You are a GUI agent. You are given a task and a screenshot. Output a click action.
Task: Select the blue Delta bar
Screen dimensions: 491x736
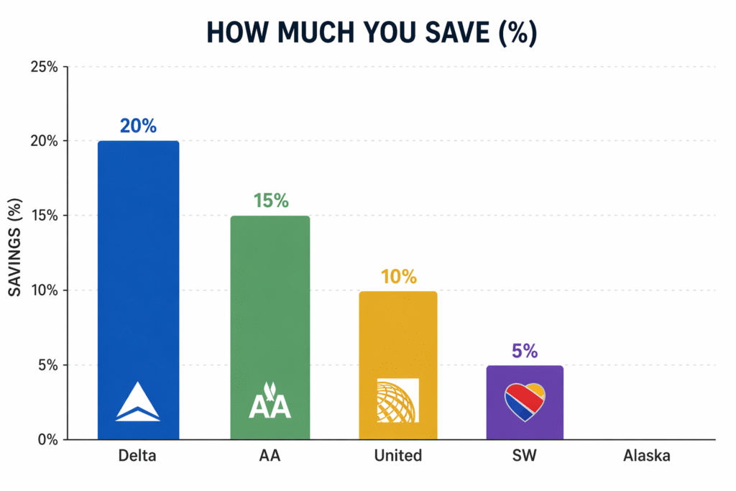pyautogui.click(x=138, y=273)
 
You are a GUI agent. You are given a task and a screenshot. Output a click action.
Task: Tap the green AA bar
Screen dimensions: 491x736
pyautogui.click(x=270, y=302)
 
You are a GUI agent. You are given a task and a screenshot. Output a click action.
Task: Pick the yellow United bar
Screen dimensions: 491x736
pyautogui.click(x=397, y=331)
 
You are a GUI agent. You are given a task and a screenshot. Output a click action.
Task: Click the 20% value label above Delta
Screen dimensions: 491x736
pyautogui.click(x=138, y=126)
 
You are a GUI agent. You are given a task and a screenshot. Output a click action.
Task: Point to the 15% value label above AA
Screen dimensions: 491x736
pyautogui.click(x=270, y=201)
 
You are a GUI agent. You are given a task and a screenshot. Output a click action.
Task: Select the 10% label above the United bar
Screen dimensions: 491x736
pyautogui.click(x=398, y=276)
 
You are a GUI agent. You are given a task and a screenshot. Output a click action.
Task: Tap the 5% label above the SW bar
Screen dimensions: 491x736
pyautogui.click(x=525, y=351)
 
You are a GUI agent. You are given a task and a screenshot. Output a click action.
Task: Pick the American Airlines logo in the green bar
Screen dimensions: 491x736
pyautogui.click(x=270, y=401)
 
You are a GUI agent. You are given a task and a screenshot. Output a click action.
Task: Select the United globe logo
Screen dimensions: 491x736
pyautogui.click(x=397, y=400)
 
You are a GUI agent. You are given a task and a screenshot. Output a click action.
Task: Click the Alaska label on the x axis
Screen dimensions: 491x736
pyautogui.click(x=646, y=456)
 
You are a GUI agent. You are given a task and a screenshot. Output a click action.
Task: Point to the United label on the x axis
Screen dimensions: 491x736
pyautogui.click(x=397, y=456)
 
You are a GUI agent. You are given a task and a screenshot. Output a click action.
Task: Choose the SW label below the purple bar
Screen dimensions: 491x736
pyautogui.click(x=525, y=456)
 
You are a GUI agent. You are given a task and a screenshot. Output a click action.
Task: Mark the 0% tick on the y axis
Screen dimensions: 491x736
pyautogui.click(x=47, y=440)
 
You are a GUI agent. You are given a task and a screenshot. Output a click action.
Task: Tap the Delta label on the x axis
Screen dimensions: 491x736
pyautogui.click(x=138, y=456)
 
